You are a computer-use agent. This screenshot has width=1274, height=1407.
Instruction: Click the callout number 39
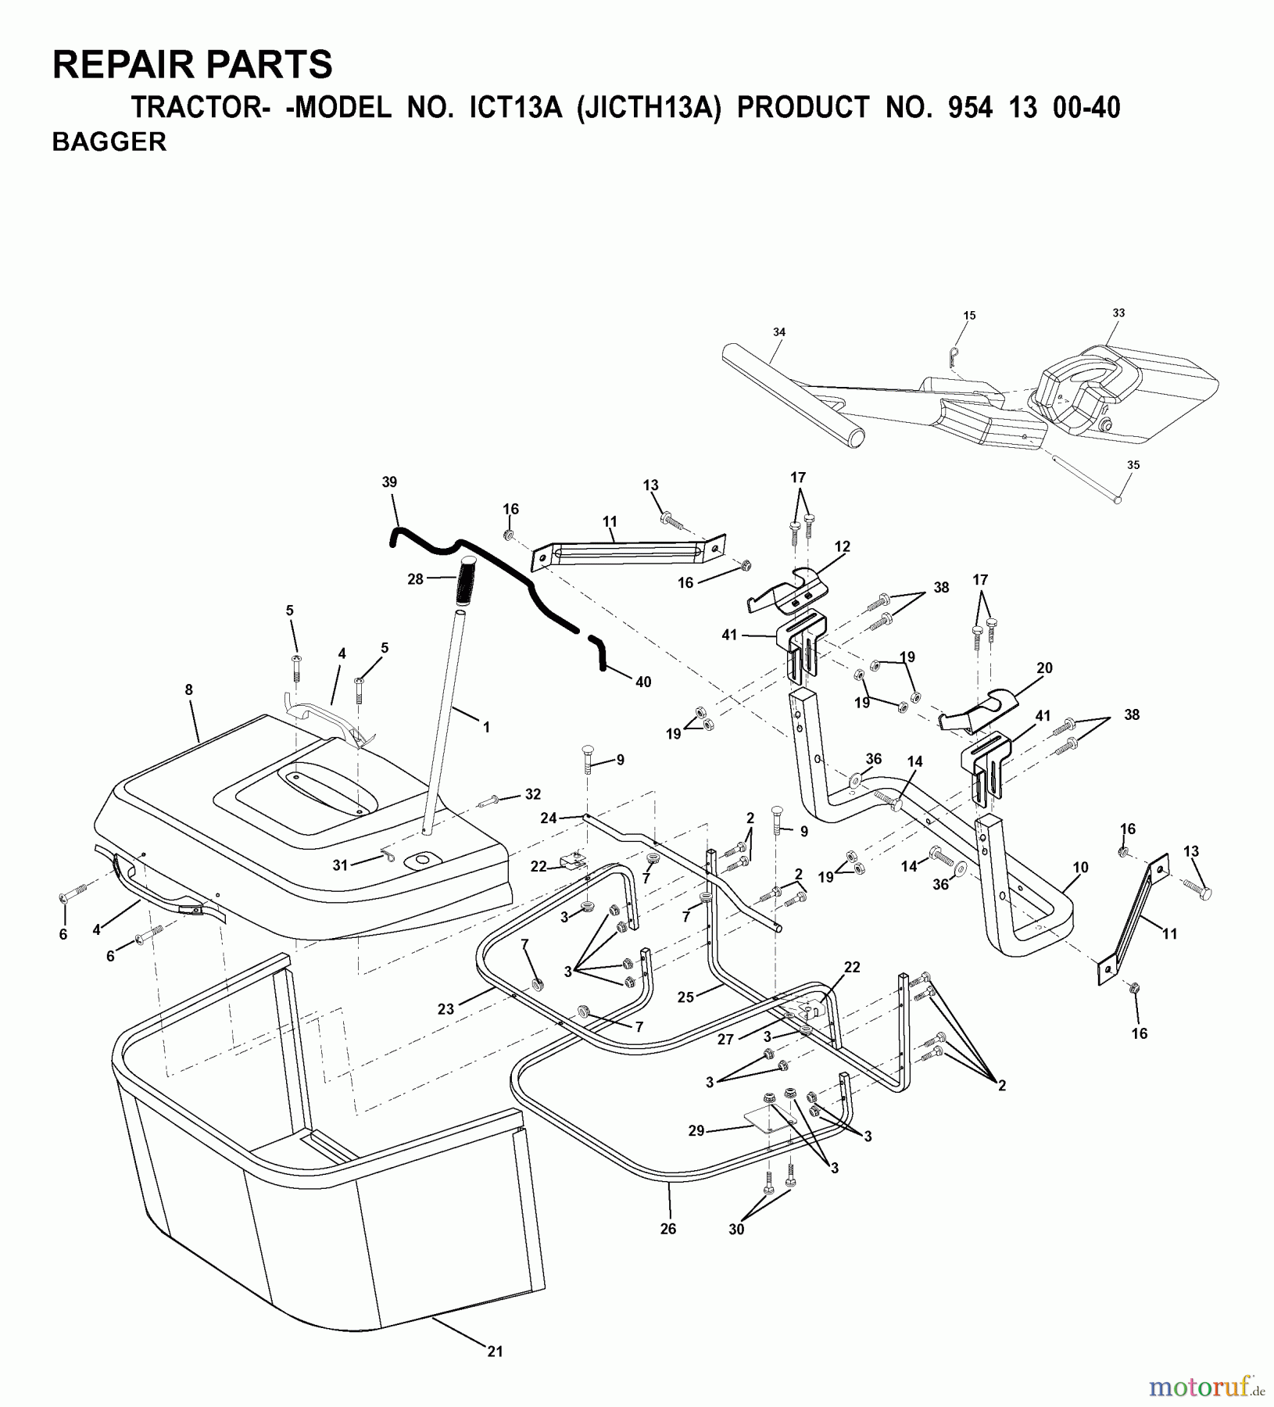[389, 482]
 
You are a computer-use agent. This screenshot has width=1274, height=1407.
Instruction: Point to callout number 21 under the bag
[495, 1351]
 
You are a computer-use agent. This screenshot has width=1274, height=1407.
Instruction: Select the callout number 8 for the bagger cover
[188, 690]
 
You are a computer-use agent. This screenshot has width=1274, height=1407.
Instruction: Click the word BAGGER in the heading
[109, 142]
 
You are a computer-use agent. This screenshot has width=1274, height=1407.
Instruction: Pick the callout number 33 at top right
[1118, 313]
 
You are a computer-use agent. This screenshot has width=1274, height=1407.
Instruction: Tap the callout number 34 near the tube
[778, 332]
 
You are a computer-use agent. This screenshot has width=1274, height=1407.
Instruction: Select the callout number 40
[642, 682]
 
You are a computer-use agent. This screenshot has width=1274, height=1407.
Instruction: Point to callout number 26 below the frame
[667, 1229]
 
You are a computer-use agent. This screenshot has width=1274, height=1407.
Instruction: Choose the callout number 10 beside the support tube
[1080, 867]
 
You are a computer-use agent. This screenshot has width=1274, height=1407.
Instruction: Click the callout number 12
[842, 546]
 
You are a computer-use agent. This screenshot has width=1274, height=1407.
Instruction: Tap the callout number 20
[1044, 668]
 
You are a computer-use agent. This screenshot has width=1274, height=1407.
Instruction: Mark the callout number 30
[735, 1229]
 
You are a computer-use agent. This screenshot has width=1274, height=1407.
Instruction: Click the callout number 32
[532, 795]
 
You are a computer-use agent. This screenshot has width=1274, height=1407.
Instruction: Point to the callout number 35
[1133, 465]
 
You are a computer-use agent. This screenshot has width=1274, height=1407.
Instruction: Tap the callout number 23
[446, 1009]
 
